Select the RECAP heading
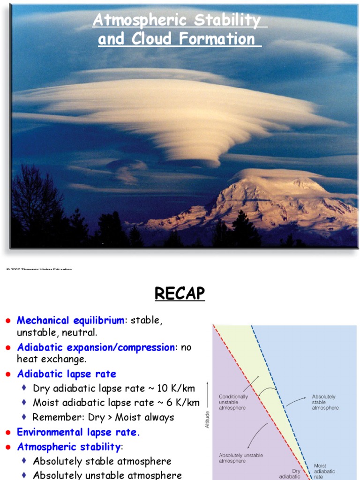point(180,293)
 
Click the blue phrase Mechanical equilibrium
point(71,321)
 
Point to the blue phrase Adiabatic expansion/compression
point(96,347)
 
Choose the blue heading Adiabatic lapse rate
point(67,374)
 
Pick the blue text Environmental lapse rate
point(78,432)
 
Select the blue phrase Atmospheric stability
point(69,446)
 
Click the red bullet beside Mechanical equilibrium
point(8,321)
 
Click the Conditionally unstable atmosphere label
point(233,402)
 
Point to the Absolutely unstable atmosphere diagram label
point(241,458)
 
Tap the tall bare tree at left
point(35,197)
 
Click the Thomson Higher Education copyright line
point(40,269)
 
